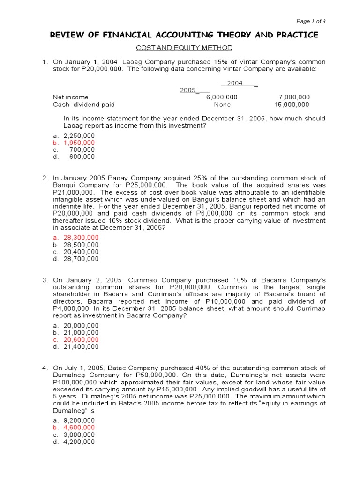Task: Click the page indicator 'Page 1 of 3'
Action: pyautogui.click(x=311, y=21)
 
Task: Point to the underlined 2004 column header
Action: pyautogui.click(x=234, y=83)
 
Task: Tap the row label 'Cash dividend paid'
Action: pyautogui.click(x=83, y=105)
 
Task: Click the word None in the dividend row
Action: pyautogui.click(x=222, y=105)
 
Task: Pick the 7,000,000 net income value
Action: pyautogui.click(x=294, y=97)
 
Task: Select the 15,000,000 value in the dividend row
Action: pyautogui.click(x=292, y=105)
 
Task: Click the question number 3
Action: pyautogui.click(x=45, y=280)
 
